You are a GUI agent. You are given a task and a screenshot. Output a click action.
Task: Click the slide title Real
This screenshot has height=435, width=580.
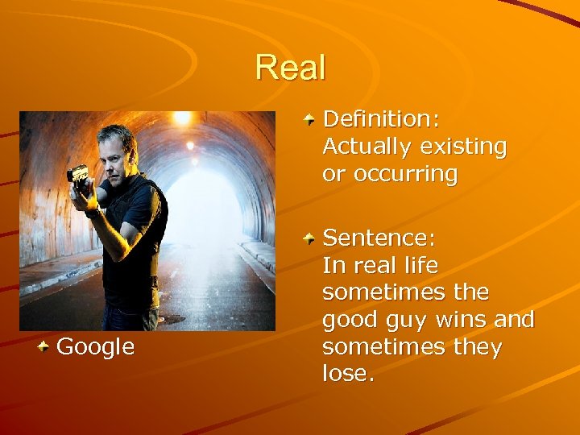pos(291,68)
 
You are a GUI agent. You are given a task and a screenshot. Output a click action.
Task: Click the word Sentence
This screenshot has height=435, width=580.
pos(376,238)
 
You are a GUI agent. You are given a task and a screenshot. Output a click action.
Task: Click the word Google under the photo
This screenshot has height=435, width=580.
pos(96,347)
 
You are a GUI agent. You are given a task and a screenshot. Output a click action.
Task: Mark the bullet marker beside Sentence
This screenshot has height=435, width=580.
pos(310,238)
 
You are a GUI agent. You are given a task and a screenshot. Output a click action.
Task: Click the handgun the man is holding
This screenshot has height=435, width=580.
pos(79,174)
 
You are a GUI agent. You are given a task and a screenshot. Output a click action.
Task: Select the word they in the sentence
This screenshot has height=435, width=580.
pos(479,347)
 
